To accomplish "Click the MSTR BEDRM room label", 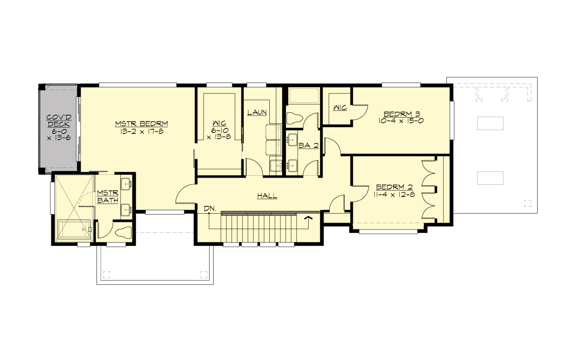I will [x=138, y=123].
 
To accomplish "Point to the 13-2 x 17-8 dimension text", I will [x=138, y=131].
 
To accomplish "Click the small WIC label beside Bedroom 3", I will [x=340, y=108].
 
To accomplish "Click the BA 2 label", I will [x=308, y=144].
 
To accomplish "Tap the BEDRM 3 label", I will [x=402, y=114].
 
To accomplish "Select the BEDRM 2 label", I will [x=395, y=187].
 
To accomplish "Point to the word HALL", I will [x=267, y=196].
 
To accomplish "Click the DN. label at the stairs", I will [x=210, y=208].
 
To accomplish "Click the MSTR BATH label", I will [x=108, y=196].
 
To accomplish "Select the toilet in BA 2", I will [x=294, y=118].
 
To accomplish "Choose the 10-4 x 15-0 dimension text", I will [x=402, y=121].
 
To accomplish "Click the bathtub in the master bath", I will [x=74, y=229].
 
